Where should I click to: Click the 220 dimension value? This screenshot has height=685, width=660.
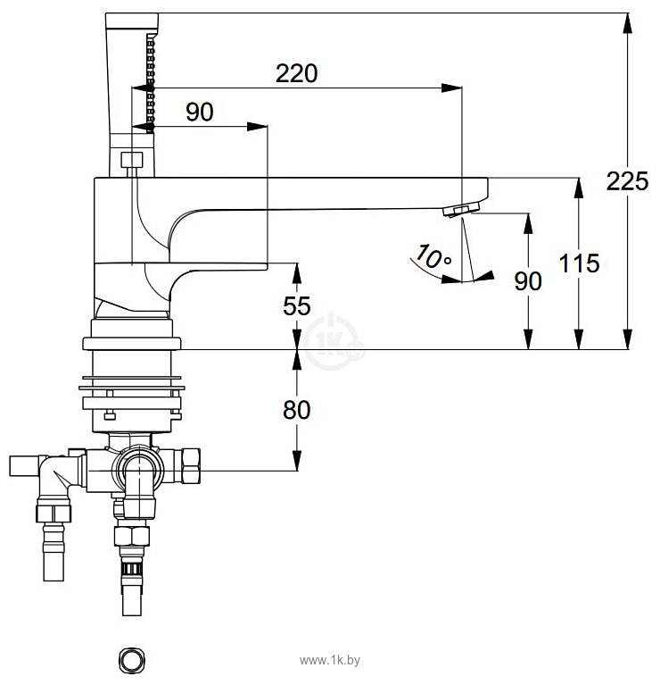coord(296,73)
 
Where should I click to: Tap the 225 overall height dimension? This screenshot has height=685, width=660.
coord(628,181)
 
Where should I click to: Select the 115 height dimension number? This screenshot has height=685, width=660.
coord(580,263)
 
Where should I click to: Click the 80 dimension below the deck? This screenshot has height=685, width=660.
coord(297,410)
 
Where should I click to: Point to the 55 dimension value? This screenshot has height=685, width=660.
coord(297,306)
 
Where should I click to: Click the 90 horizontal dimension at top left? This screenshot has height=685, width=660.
coord(200,112)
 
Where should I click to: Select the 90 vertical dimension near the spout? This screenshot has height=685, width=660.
coord(529,280)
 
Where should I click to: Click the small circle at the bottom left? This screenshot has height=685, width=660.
coord(131,659)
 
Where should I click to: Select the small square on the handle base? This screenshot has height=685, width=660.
coord(131,161)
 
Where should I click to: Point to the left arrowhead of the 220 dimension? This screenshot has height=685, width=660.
coord(137,88)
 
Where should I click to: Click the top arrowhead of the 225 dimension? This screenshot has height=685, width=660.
coord(628,18)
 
